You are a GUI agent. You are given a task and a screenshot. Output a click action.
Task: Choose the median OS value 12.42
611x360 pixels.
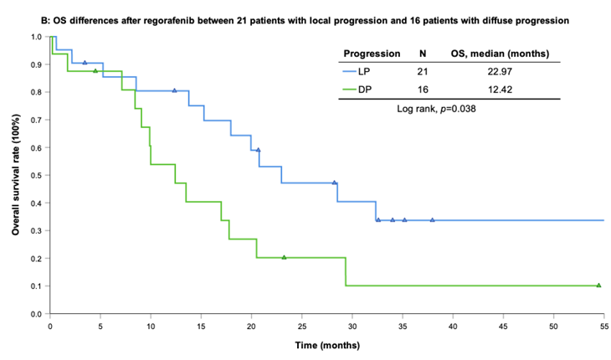tap(509, 90)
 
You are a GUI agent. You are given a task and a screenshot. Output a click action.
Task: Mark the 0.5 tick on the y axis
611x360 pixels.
tap(39, 176)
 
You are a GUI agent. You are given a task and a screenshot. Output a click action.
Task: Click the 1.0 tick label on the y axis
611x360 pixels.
tap(39, 37)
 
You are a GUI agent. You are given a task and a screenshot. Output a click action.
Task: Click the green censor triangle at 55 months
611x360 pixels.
tap(598, 285)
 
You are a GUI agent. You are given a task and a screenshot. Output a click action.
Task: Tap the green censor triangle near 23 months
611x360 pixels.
tap(284, 257)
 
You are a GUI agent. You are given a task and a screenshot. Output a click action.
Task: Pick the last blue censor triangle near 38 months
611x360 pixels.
tap(433, 220)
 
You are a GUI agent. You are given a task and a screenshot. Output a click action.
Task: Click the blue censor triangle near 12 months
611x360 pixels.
tap(174, 90)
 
